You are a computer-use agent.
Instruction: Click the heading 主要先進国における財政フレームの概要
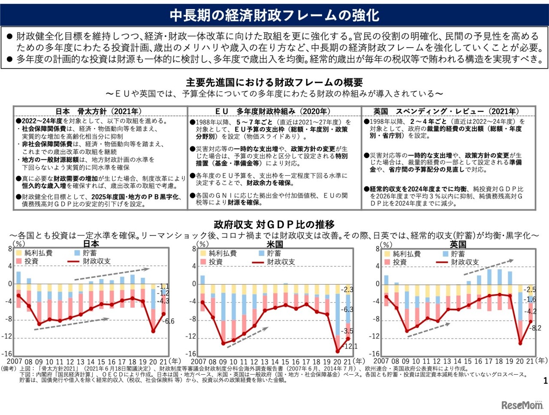point(274,82)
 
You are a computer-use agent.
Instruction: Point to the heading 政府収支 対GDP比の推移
point(274,224)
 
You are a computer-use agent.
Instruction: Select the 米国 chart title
point(274,244)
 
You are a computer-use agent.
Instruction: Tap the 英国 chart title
point(458,244)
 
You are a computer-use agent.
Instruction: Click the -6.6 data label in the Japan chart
point(169,321)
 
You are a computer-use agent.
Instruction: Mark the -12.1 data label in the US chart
point(351,346)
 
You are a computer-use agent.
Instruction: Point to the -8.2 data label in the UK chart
point(536,328)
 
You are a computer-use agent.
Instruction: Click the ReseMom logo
point(522,405)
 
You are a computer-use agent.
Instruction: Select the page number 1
point(545,380)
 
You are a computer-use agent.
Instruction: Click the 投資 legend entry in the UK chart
point(400,262)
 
